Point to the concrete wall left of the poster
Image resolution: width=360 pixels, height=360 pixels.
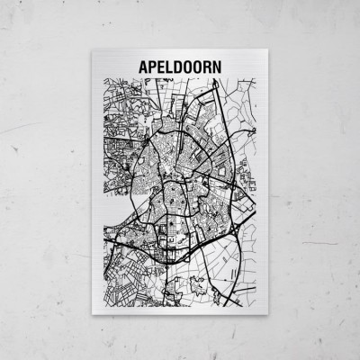coord(45,180)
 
